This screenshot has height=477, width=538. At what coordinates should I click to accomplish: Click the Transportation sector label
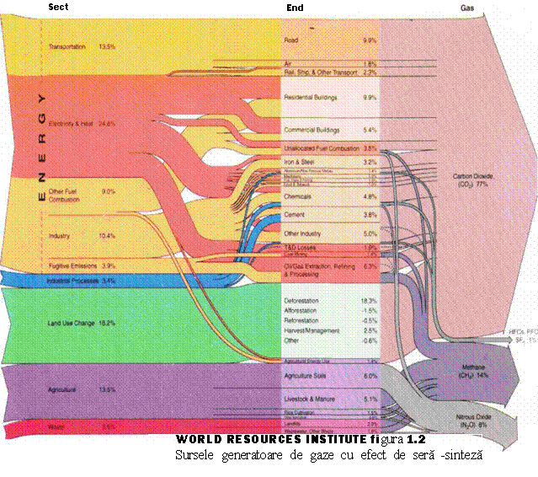coord(67,46)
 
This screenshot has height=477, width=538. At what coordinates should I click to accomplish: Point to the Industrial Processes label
coord(69,280)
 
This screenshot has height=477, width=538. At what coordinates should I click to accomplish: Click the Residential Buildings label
coord(311,98)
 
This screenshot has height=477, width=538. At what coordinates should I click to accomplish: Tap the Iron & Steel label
coord(301,161)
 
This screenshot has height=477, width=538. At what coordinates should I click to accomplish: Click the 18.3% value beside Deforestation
coord(369,301)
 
